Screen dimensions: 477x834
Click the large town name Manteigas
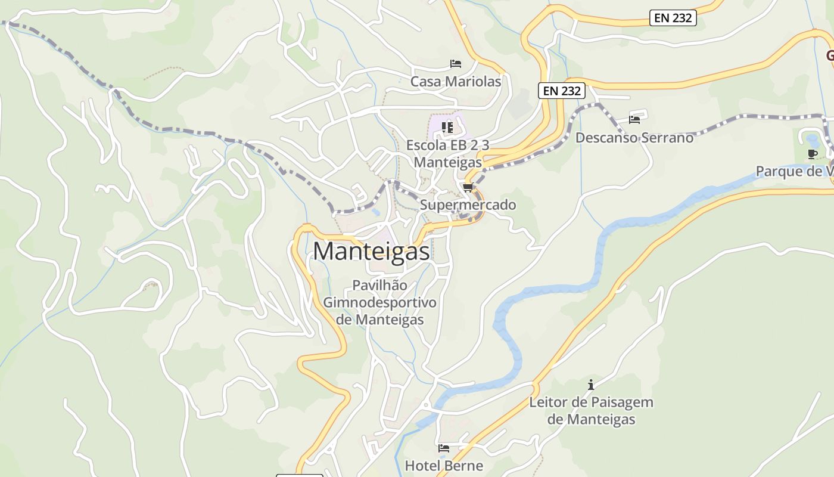click(371, 251)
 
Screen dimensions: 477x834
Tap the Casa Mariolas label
click(456, 81)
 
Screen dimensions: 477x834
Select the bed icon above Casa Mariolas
click(456, 64)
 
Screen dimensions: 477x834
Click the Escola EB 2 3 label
click(447, 145)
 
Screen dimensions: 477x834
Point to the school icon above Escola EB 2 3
click(447, 127)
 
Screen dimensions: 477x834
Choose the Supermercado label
click(468, 205)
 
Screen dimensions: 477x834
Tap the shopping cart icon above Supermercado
click(468, 188)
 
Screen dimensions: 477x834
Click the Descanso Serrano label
click(634, 138)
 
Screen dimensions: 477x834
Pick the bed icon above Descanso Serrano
click(634, 119)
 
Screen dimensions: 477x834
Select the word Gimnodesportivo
click(379, 302)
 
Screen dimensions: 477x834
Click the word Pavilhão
click(379, 285)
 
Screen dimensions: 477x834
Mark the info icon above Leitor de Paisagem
click(591, 385)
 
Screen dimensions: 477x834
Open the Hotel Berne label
click(444, 465)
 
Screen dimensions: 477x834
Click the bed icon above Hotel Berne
click(444, 448)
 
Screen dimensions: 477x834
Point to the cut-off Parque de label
click(794, 172)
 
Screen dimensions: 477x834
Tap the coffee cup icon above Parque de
click(812, 154)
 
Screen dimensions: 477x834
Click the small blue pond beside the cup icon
click(813, 141)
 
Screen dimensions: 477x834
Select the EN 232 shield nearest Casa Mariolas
click(562, 91)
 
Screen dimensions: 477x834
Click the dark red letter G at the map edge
click(829, 55)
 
